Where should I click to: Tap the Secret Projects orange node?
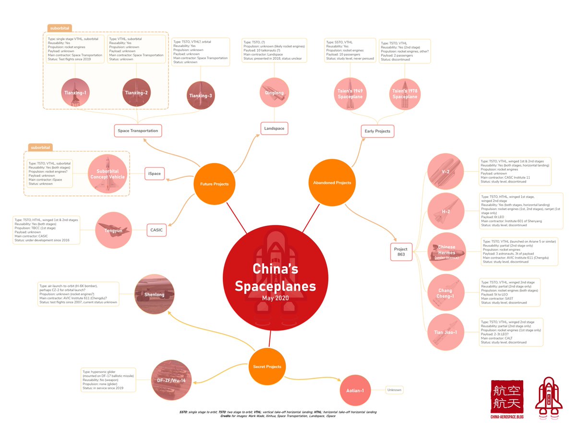click(267, 366)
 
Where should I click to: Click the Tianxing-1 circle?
click(75, 91)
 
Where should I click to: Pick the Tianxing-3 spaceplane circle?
click(201, 95)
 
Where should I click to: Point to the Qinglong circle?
click(274, 92)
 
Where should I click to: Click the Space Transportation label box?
click(137, 130)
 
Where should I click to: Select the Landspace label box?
click(274, 128)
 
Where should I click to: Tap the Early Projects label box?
click(377, 131)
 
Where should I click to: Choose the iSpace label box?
click(156, 173)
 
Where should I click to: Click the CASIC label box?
click(156, 230)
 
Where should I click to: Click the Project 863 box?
click(401, 252)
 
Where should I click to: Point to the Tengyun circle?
click(114, 230)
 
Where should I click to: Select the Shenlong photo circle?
click(154, 294)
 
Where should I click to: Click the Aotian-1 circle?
click(356, 390)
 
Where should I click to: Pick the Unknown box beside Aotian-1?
click(395, 390)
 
